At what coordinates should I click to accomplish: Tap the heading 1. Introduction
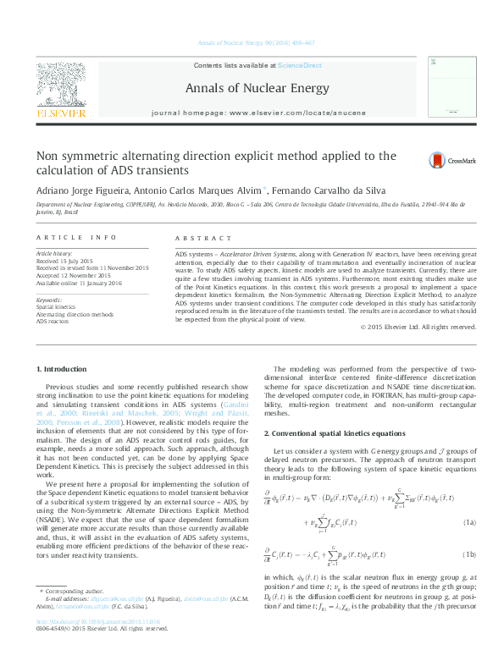tap(64, 369)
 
